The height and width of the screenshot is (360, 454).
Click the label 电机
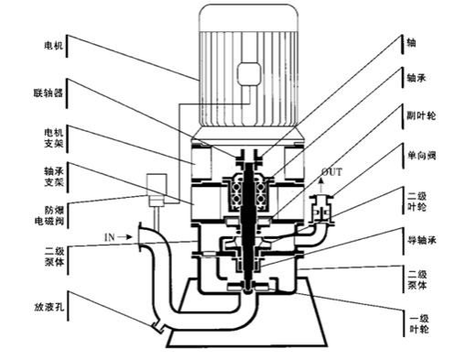[x=54, y=46]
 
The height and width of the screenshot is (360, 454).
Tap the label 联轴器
[x=49, y=93]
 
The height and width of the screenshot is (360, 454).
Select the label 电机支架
[x=54, y=137]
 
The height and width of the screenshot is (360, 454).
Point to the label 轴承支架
[x=54, y=177]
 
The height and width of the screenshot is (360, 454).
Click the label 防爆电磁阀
[x=49, y=215]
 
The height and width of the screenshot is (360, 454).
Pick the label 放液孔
[x=49, y=306]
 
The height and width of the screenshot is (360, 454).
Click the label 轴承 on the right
[x=416, y=78]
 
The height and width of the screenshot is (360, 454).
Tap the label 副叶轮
[x=421, y=115]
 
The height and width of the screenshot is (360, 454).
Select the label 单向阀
[x=421, y=156]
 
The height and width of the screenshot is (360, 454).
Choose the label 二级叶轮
[x=416, y=202]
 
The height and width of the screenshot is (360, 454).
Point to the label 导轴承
[x=422, y=240]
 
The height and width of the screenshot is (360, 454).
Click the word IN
[x=110, y=237]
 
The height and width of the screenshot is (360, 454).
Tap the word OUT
[x=332, y=172]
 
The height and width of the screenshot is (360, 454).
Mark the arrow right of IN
[x=125, y=236]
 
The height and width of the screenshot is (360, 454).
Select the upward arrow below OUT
[x=320, y=186]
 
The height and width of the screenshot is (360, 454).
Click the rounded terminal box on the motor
[x=249, y=73]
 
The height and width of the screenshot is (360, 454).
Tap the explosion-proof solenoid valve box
[x=157, y=190]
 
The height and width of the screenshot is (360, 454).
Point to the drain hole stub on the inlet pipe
[x=158, y=325]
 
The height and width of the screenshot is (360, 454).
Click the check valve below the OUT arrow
[x=321, y=208]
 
